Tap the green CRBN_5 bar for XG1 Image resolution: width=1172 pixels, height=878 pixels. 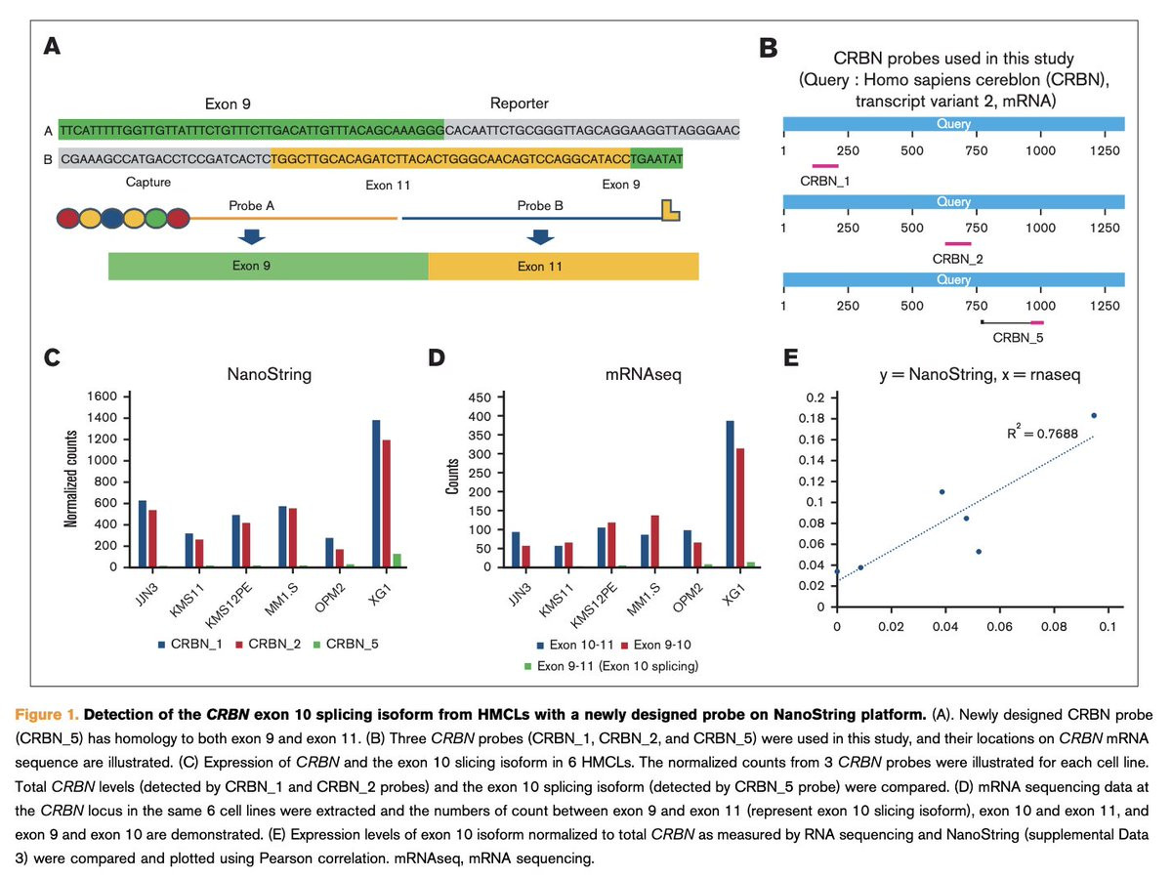click(398, 560)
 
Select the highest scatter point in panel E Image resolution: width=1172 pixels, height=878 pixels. click(1094, 416)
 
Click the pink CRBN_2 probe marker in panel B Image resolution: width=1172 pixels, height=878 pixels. click(958, 243)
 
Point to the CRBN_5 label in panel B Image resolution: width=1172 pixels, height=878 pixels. click(1017, 338)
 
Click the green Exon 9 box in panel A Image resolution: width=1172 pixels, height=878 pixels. click(268, 266)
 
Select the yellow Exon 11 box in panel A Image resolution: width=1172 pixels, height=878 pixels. click(564, 266)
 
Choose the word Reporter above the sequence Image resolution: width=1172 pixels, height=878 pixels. click(519, 104)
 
